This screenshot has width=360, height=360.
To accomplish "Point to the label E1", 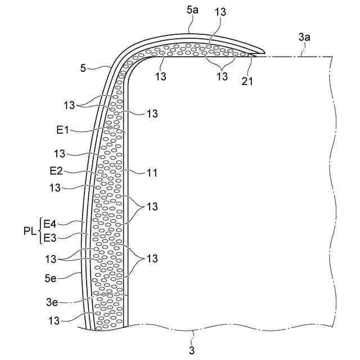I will coord(62,130).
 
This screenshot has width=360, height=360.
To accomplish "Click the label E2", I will coord(63,170).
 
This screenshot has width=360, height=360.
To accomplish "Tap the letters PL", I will coord(31,231).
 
